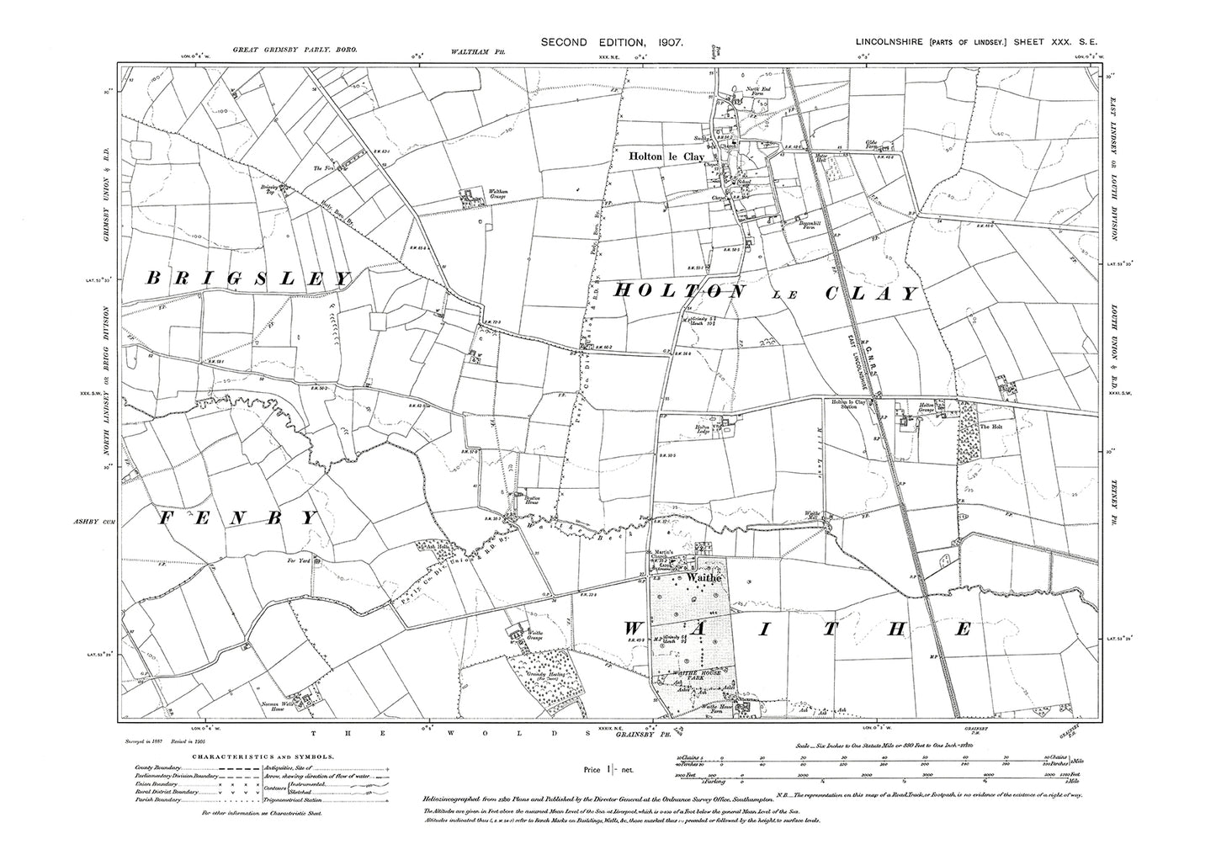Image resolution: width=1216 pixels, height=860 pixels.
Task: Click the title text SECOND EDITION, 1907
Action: coord(612,41)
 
